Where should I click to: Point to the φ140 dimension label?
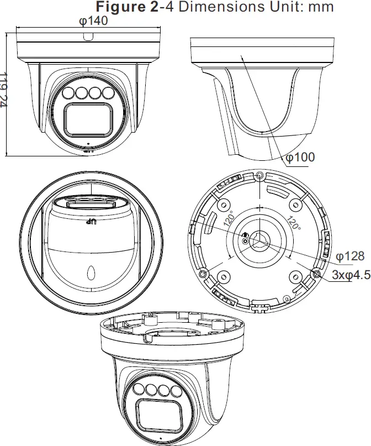(92, 20)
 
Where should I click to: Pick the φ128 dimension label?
(350, 255)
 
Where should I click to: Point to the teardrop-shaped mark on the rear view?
(92, 272)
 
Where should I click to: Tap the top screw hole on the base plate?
(260, 176)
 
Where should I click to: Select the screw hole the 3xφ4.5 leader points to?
(316, 274)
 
